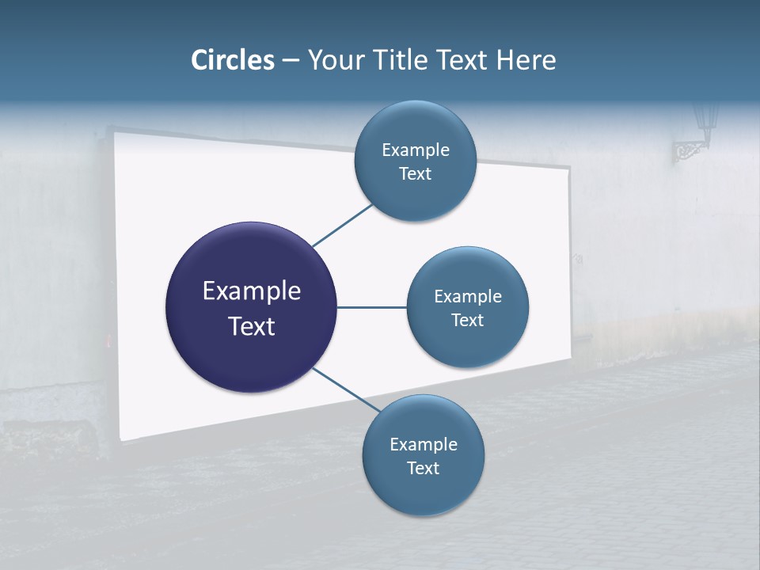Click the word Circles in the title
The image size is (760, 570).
pos(233,60)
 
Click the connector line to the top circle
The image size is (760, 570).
pos(343,225)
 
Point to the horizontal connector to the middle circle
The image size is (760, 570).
pos(371,307)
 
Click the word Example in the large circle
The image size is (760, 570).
pos(251,291)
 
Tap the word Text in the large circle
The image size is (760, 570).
pos(251,326)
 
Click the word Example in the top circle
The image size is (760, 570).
pos(415,150)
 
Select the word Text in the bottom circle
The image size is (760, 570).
pos(423,469)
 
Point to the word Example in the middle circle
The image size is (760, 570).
pos(467,297)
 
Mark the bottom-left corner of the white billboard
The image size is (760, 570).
pos(121,439)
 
